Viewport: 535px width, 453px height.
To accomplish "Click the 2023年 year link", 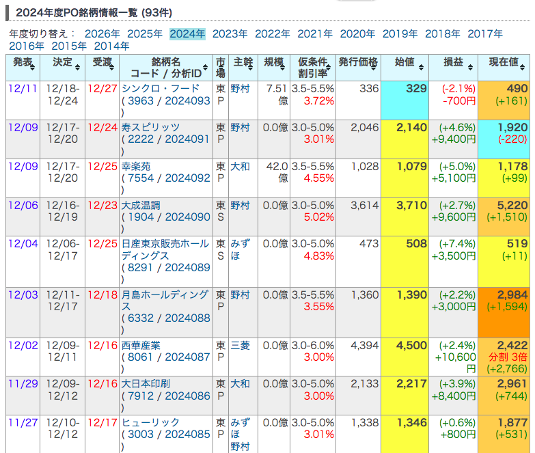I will point(230,33).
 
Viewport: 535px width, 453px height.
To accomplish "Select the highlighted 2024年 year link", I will point(187,33).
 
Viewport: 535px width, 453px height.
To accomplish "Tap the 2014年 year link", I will point(111,46).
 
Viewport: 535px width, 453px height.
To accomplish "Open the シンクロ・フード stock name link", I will point(161,89).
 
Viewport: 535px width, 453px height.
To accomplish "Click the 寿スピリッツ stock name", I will point(150,128).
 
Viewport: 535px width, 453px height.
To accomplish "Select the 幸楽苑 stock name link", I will point(136,166).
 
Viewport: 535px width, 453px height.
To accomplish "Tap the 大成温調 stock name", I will point(141,205).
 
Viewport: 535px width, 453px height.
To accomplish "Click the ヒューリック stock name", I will point(150,422).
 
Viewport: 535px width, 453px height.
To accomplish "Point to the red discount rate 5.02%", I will point(318,217).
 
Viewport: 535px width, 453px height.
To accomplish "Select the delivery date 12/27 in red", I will point(102,89).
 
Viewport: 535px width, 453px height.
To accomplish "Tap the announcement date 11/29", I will point(23,383).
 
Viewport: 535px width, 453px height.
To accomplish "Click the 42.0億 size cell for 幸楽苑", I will point(277,172).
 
